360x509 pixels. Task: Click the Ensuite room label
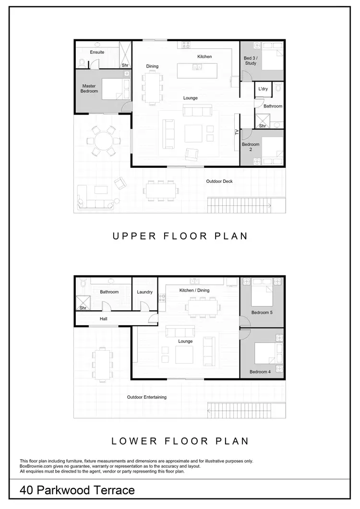[x=97, y=52]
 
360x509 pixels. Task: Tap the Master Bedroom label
[x=89, y=89]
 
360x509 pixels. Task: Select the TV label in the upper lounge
[x=237, y=132]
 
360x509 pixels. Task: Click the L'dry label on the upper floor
[x=263, y=89]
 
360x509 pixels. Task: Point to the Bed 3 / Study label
[x=250, y=60]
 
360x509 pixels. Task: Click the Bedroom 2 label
[x=251, y=147]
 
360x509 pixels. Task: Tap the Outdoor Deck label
[x=219, y=181]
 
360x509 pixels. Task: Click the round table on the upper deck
[x=102, y=141]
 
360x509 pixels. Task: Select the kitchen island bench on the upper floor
[x=196, y=71]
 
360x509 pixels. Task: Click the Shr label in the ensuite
[x=125, y=65]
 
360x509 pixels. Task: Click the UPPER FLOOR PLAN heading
[x=180, y=236]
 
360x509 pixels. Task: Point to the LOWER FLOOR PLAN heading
[x=180, y=441]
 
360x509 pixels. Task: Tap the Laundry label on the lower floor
[x=144, y=292]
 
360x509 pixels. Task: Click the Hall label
[x=104, y=318]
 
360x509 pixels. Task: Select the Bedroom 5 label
[x=262, y=313]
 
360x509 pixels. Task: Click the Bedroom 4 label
[x=260, y=372]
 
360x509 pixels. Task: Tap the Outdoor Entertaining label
[x=147, y=397]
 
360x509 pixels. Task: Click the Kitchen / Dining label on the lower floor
[x=194, y=290]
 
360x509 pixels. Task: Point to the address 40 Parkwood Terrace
[x=77, y=490]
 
